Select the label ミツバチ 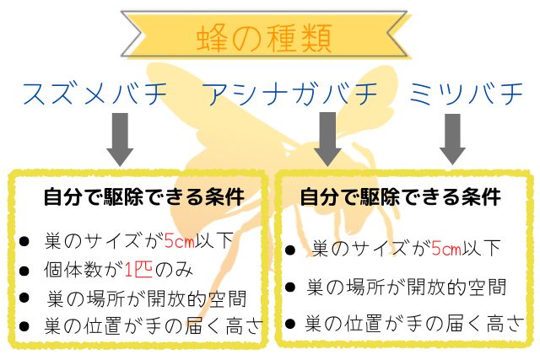tap(467, 94)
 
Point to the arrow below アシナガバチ tap(327, 139)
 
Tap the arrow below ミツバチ tap(452, 139)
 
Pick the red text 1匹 tap(137, 270)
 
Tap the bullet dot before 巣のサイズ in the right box tap(290, 250)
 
